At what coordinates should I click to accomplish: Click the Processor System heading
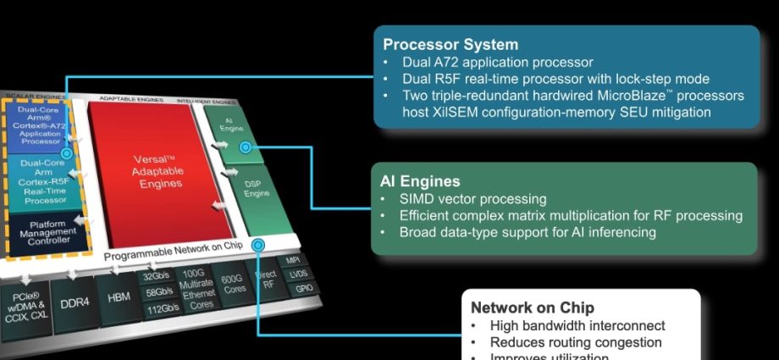pyautogui.click(x=450, y=44)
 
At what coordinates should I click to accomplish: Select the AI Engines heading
pyautogui.click(x=422, y=181)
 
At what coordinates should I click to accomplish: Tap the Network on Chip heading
pyautogui.click(x=532, y=307)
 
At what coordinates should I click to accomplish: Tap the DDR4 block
pyautogui.click(x=75, y=302)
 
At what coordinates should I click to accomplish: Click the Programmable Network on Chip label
pyautogui.click(x=174, y=252)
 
